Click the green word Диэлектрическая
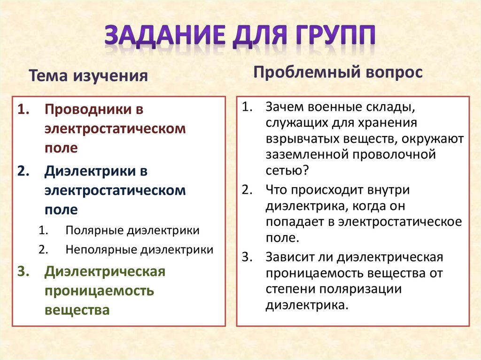[105, 272]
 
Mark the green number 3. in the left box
[24, 272]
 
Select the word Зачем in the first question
[285, 107]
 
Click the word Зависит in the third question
[290, 258]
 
